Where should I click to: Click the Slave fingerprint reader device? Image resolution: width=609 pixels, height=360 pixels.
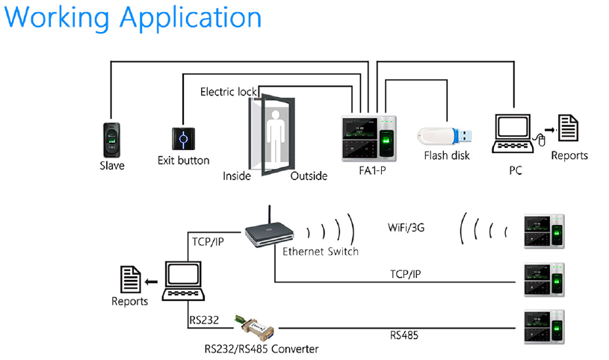coord(112,138)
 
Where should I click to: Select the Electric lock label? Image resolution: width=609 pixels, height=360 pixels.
coord(228,92)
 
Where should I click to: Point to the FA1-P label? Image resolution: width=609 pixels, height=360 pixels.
coord(372,171)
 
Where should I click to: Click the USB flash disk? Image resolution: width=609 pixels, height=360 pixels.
coord(445,135)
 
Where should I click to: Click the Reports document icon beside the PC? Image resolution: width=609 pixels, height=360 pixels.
coord(569,129)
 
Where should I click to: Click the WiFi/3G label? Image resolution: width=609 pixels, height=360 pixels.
coord(406,226)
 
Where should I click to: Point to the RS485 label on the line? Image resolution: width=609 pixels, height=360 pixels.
coord(405,335)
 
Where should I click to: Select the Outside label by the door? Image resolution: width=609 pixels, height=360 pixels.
coord(309,176)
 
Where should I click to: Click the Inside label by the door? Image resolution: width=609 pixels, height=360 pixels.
coord(237,176)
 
